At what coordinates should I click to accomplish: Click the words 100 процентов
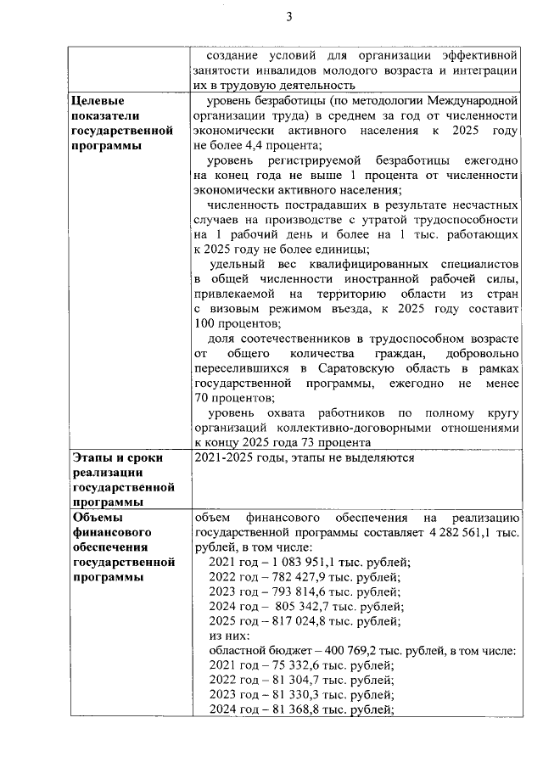tap(237, 324)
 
